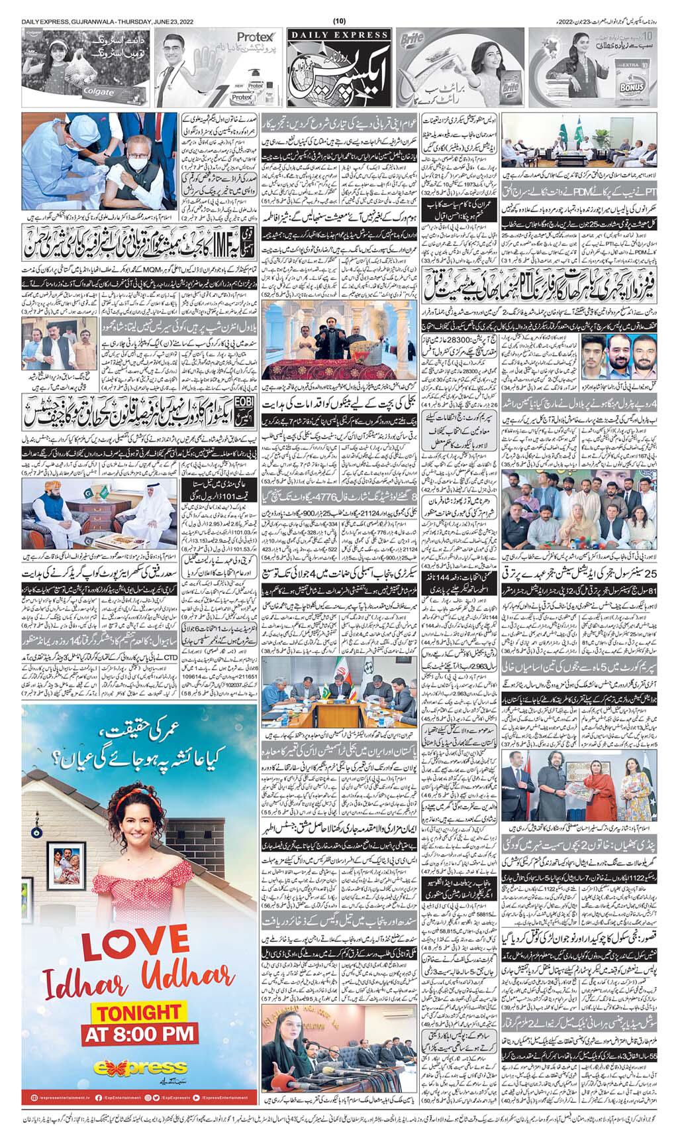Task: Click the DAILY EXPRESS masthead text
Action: [338, 34]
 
